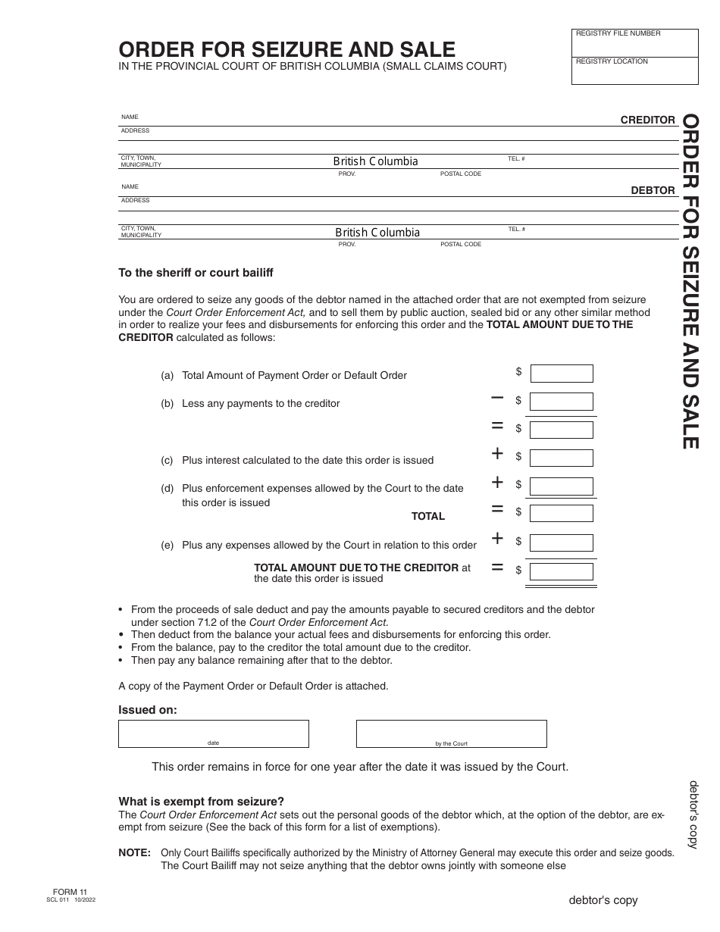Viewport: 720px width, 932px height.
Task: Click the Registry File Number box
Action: pyautogui.click(x=634, y=43)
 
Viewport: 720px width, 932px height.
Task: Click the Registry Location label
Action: pyautogui.click(x=612, y=61)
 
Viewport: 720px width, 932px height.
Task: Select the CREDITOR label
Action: pyautogui.click(x=647, y=120)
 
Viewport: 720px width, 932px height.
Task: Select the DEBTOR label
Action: pyautogui.click(x=653, y=190)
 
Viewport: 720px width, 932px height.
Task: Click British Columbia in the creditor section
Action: pyautogui.click(x=375, y=161)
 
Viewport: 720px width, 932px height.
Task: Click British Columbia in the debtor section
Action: pyautogui.click(x=377, y=233)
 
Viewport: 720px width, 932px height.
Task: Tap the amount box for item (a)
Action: pyautogui.click(x=561, y=374)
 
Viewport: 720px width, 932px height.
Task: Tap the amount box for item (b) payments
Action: pyautogui.click(x=561, y=402)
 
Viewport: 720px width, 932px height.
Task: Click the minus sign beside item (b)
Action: pyautogui.click(x=497, y=397)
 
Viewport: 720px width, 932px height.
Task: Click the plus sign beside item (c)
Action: pyautogui.click(x=497, y=454)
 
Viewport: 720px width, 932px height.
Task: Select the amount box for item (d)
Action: pyautogui.click(x=561, y=486)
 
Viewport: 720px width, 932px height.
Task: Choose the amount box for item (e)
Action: pyautogui.click(x=561, y=543)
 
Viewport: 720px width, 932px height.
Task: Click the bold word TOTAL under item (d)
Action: pyautogui.click(x=428, y=516)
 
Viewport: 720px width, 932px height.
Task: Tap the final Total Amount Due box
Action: pyautogui.click(x=561, y=571)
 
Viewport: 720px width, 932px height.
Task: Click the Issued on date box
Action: pyautogui.click(x=213, y=733)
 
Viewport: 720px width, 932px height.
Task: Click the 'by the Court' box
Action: pyautogui.click(x=451, y=733)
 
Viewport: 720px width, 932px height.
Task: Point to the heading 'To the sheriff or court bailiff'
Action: pyautogui.click(x=196, y=273)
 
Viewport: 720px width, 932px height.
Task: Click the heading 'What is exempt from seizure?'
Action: pyautogui.click(x=202, y=802)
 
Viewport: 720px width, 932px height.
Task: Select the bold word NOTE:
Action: pyautogui.click(x=135, y=852)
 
